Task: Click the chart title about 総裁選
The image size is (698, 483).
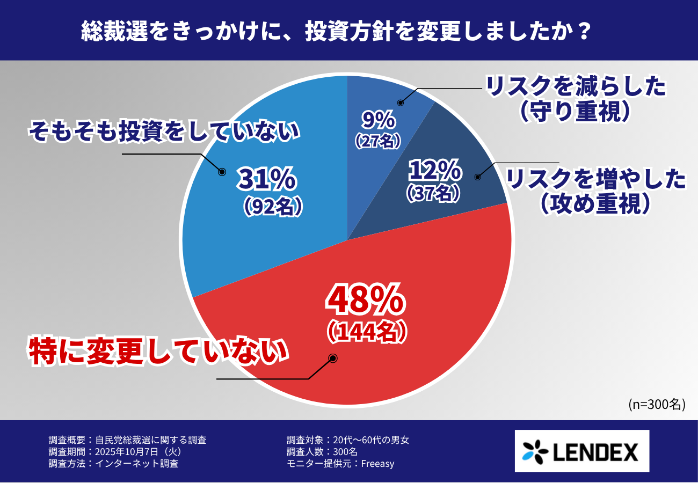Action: (337, 31)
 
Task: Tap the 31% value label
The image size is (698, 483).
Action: (266, 180)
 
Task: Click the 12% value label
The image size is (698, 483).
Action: (434, 171)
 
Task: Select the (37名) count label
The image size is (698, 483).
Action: (433, 193)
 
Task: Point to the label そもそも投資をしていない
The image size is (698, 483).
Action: (164, 131)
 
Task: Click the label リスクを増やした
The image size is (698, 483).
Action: (596, 179)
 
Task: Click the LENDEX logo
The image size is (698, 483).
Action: (581, 451)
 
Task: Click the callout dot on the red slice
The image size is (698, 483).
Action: (332, 358)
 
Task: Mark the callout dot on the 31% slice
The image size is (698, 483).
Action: (221, 172)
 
